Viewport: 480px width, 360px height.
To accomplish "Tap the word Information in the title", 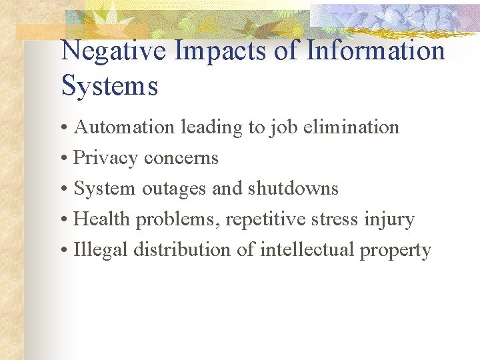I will click(375, 51).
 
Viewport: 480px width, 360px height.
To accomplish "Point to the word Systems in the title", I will click(109, 86).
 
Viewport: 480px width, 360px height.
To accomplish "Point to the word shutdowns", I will click(293, 189).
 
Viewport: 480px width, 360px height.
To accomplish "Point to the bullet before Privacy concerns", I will click(65, 159).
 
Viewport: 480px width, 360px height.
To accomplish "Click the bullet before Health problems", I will click(65, 220).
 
